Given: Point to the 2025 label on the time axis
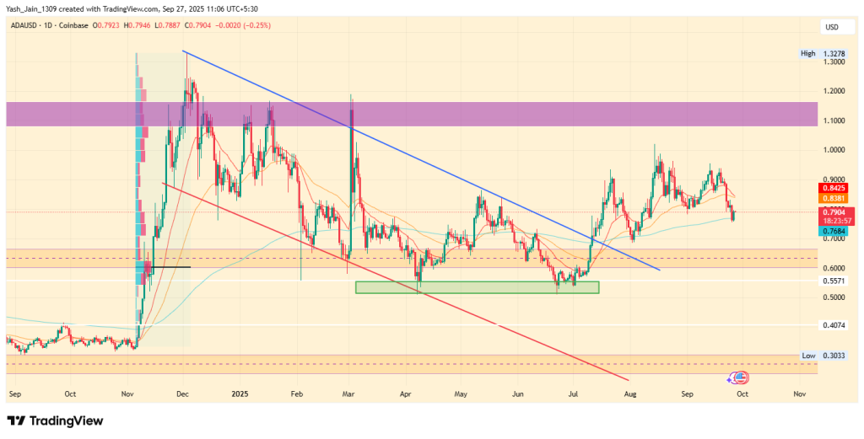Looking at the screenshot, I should point(240,393).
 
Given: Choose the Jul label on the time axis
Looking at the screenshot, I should point(574,393).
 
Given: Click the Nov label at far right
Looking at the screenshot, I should point(798,393).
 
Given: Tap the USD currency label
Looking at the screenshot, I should point(832,27).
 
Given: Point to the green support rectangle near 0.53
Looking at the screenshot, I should point(477,287).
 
